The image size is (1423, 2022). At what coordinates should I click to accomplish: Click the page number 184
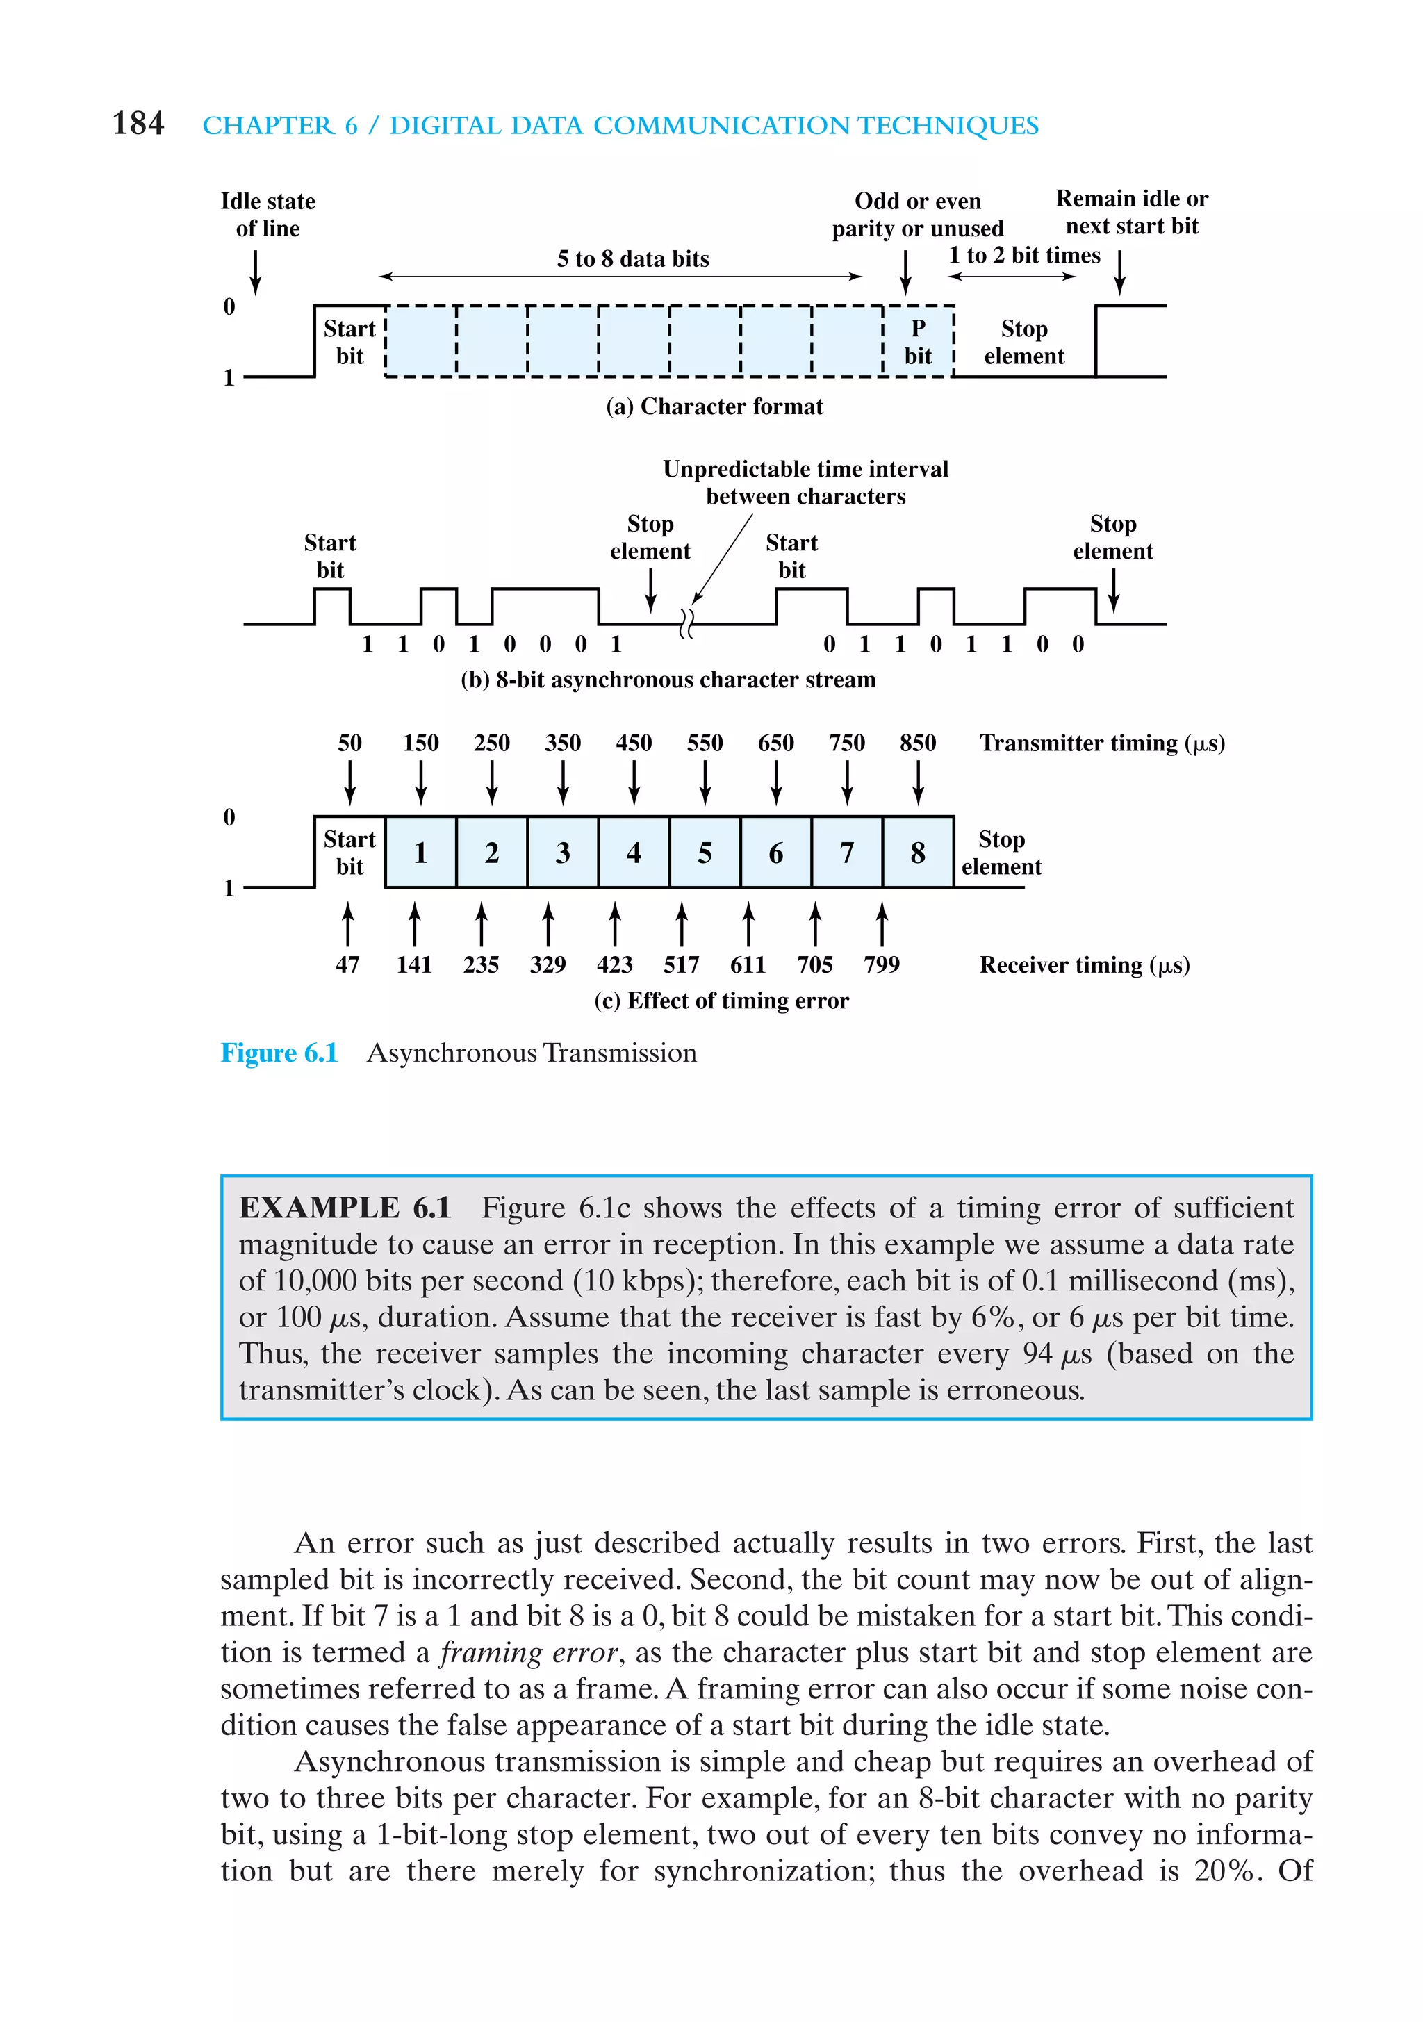tap(138, 123)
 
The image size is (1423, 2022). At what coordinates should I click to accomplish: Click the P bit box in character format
tap(918, 342)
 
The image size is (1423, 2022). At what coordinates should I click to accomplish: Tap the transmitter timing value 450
tap(633, 742)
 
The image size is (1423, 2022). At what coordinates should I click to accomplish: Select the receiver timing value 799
tap(882, 964)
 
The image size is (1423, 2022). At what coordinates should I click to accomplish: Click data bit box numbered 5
tap(705, 853)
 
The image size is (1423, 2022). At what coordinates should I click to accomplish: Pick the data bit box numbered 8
tap(918, 853)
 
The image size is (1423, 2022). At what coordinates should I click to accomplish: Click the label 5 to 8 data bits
tap(632, 258)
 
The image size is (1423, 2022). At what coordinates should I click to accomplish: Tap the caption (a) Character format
tap(714, 406)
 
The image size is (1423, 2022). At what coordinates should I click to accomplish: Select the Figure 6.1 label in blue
tap(279, 1053)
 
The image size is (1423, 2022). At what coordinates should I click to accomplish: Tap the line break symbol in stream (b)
tap(687, 623)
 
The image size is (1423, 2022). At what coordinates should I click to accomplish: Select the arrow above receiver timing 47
tap(348, 923)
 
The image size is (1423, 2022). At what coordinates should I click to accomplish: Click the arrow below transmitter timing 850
tap(918, 782)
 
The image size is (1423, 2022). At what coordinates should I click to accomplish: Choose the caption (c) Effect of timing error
tap(721, 1001)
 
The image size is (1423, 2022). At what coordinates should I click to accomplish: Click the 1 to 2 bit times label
tap(1023, 256)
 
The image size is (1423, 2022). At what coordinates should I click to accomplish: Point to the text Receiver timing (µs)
tap(1084, 965)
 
